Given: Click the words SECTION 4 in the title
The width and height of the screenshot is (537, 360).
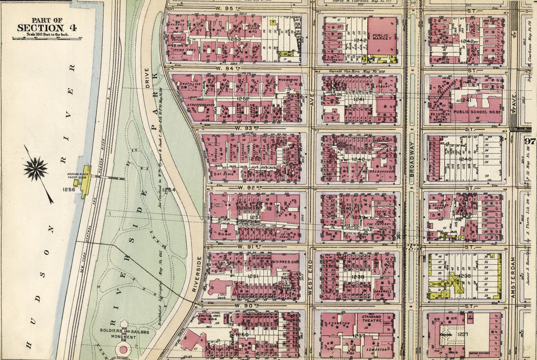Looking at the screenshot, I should click(46, 27).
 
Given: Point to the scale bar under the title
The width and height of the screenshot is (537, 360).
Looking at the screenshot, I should click(46, 37).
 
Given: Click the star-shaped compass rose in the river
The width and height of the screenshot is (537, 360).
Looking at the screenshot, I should click(36, 169).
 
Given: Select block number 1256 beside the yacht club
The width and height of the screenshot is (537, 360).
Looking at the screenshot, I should click(69, 189).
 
